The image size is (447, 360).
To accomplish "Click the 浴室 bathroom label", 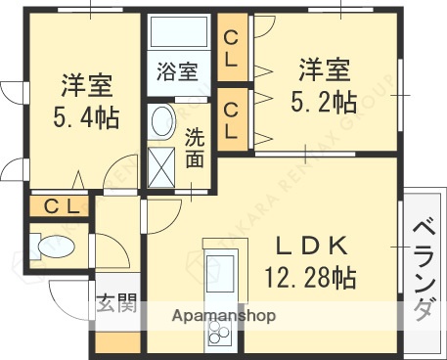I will click(179, 71).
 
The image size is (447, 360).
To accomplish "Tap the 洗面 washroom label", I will click(195, 147).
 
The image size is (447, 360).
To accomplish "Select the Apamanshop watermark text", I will click(224, 316).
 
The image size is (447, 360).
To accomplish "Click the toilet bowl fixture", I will click(51, 248).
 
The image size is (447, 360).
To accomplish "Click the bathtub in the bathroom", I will click(178, 34).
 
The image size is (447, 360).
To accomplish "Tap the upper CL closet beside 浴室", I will click(232, 47).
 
